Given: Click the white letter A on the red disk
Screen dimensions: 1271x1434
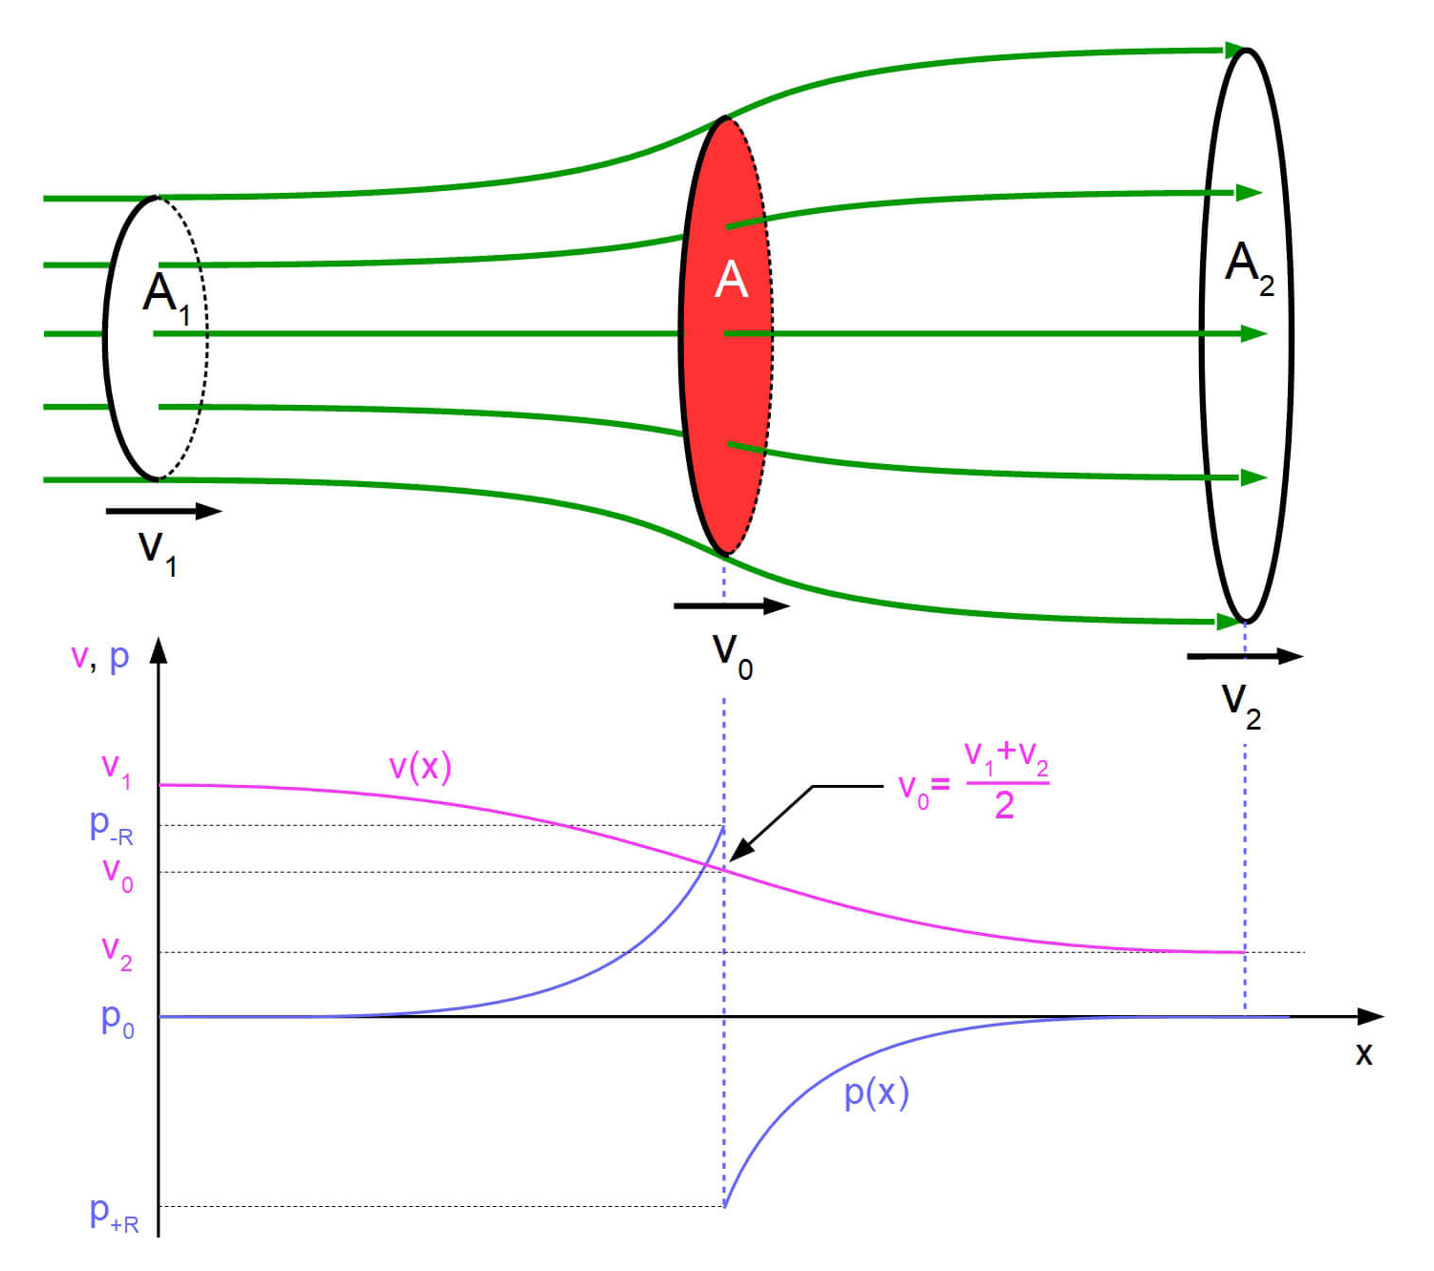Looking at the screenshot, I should tap(731, 280).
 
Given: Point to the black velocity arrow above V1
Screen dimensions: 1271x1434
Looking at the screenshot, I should tap(163, 512).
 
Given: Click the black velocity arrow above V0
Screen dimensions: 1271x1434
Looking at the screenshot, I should tap(731, 605).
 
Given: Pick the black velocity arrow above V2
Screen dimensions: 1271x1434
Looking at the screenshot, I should tap(1244, 656).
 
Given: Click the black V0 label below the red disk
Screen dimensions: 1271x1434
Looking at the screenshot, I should tap(732, 656).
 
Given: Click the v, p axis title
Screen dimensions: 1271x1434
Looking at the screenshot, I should tap(99, 657).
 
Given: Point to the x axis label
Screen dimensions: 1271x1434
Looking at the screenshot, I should tap(1363, 1054).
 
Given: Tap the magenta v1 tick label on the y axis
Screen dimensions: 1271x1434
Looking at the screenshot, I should tap(117, 769).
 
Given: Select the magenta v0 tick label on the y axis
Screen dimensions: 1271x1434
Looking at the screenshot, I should tap(118, 873).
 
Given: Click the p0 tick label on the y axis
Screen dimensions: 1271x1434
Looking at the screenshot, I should tap(118, 1020).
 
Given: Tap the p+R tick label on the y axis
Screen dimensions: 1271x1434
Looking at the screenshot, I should tap(114, 1214).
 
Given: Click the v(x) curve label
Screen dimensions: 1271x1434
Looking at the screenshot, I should tap(419, 767).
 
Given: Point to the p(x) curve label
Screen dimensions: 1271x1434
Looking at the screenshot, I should tap(876, 1092).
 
